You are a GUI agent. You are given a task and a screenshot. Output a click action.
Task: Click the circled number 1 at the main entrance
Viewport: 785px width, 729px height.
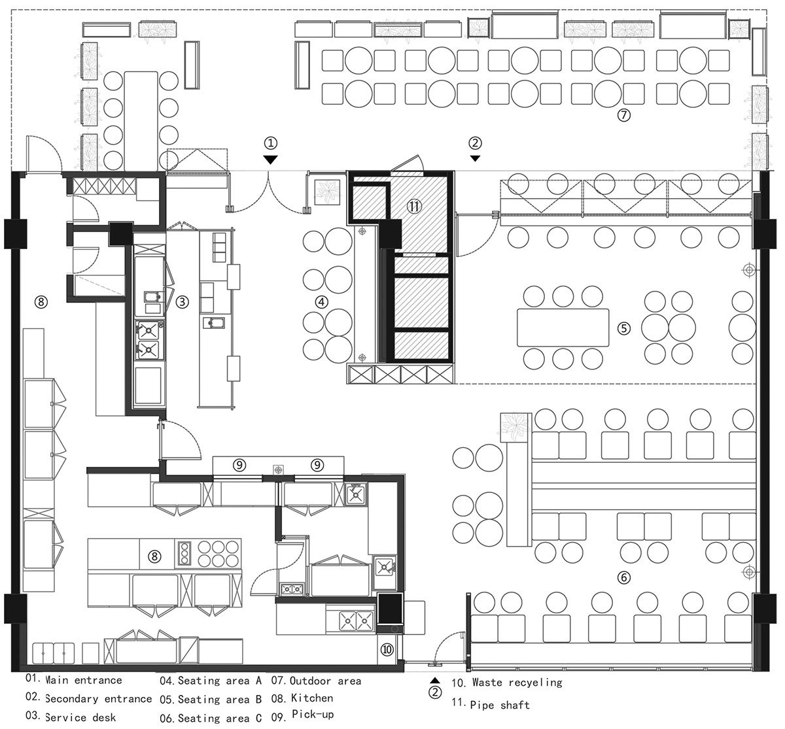pyautogui.click(x=271, y=143)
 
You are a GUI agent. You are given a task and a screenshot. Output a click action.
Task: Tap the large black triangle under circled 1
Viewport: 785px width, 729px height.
pyautogui.click(x=270, y=160)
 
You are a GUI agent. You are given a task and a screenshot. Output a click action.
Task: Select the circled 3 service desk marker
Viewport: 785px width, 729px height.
pyautogui.click(x=182, y=302)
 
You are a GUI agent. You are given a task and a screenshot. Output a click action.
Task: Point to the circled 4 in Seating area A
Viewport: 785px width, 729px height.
pyautogui.click(x=321, y=302)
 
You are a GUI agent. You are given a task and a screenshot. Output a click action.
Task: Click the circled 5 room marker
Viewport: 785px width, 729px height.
pyautogui.click(x=623, y=328)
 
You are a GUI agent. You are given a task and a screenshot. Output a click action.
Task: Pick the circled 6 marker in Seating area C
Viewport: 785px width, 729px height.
pyautogui.click(x=623, y=577)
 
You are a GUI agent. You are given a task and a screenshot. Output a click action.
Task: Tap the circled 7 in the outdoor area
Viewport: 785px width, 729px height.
pyautogui.click(x=623, y=115)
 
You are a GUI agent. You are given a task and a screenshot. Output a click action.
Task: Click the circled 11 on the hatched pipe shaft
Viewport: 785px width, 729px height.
pyautogui.click(x=414, y=206)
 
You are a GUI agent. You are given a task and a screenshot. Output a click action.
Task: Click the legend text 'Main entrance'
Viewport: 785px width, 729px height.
pyautogui.click(x=83, y=680)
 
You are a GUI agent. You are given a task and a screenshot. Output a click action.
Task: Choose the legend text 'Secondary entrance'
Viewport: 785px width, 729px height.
pyautogui.click(x=98, y=698)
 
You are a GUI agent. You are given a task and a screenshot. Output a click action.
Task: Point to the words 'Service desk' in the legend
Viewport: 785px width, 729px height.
pyautogui.click(x=80, y=717)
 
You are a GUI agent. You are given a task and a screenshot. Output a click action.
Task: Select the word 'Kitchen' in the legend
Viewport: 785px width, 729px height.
pyautogui.click(x=312, y=698)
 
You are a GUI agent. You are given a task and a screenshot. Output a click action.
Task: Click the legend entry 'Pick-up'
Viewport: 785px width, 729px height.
pyautogui.click(x=313, y=715)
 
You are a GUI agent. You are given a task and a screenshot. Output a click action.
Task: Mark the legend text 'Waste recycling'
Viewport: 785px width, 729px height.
pyautogui.click(x=517, y=683)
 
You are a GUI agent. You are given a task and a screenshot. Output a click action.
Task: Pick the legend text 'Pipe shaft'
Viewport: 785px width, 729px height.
pyautogui.click(x=500, y=705)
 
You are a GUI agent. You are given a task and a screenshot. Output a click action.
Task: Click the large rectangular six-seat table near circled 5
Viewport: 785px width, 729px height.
pyautogui.click(x=563, y=328)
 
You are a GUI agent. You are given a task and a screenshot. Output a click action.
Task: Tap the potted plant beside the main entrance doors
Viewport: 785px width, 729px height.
pyautogui.click(x=327, y=192)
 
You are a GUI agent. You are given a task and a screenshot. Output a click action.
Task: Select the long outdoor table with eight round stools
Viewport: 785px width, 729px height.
pyautogui.click(x=141, y=122)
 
